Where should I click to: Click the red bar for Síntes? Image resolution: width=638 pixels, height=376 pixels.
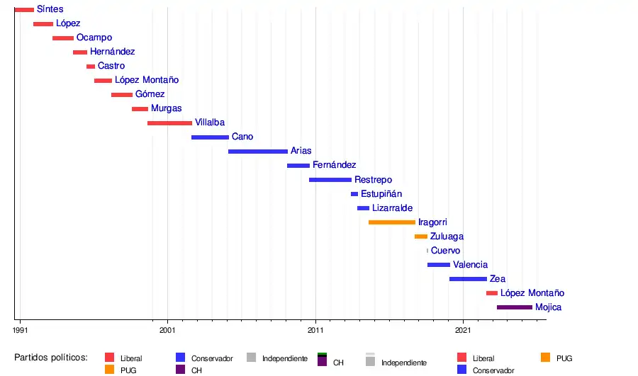(24, 10)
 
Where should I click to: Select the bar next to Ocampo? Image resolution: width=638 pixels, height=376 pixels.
(63, 38)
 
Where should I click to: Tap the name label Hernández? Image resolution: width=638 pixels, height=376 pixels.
(112, 52)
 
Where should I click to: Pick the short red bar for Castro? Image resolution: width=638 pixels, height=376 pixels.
(91, 67)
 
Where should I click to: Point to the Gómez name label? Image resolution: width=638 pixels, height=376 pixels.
(150, 94)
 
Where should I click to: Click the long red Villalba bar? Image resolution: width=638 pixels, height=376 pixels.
(169, 123)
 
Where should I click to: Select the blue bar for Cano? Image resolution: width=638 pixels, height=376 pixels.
(210, 137)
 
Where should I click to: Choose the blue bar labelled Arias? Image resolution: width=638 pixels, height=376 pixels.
(258, 152)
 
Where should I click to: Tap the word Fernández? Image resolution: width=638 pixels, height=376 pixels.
(334, 165)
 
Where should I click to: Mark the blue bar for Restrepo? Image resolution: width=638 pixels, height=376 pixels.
(330, 180)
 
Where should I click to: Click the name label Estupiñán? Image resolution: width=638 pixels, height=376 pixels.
(381, 193)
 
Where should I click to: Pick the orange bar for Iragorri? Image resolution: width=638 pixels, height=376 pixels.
(392, 222)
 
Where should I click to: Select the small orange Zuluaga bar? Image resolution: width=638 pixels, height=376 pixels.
(421, 237)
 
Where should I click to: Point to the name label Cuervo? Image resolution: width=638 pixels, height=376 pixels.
(445, 251)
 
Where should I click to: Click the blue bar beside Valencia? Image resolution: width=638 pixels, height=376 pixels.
(439, 265)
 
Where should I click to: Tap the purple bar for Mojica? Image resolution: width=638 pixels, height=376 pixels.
(515, 307)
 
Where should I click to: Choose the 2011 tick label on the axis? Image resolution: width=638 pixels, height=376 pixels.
(315, 330)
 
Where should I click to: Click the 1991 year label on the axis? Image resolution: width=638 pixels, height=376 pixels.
(21, 330)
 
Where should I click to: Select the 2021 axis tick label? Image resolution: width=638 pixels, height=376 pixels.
(463, 330)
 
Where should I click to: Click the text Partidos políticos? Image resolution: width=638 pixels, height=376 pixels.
(50, 357)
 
